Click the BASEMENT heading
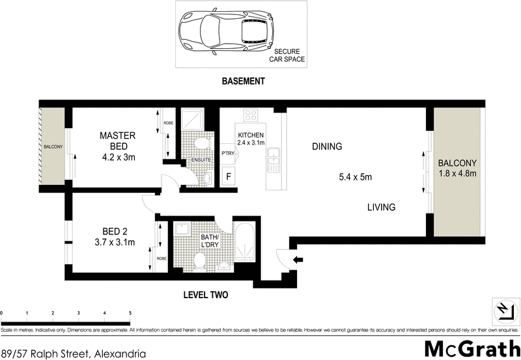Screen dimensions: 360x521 click(243, 81)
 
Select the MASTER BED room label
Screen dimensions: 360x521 click(117, 141)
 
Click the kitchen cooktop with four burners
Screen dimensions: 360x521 click(251, 116)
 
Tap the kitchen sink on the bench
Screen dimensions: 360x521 click(274, 154)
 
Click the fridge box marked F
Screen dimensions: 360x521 click(229, 176)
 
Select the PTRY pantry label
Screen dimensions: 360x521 click(228, 154)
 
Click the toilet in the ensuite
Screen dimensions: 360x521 click(202, 143)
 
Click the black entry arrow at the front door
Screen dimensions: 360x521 click(298, 260)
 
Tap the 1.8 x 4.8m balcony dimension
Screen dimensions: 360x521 click(457, 173)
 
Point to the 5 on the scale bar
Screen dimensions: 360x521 click(130, 313)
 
